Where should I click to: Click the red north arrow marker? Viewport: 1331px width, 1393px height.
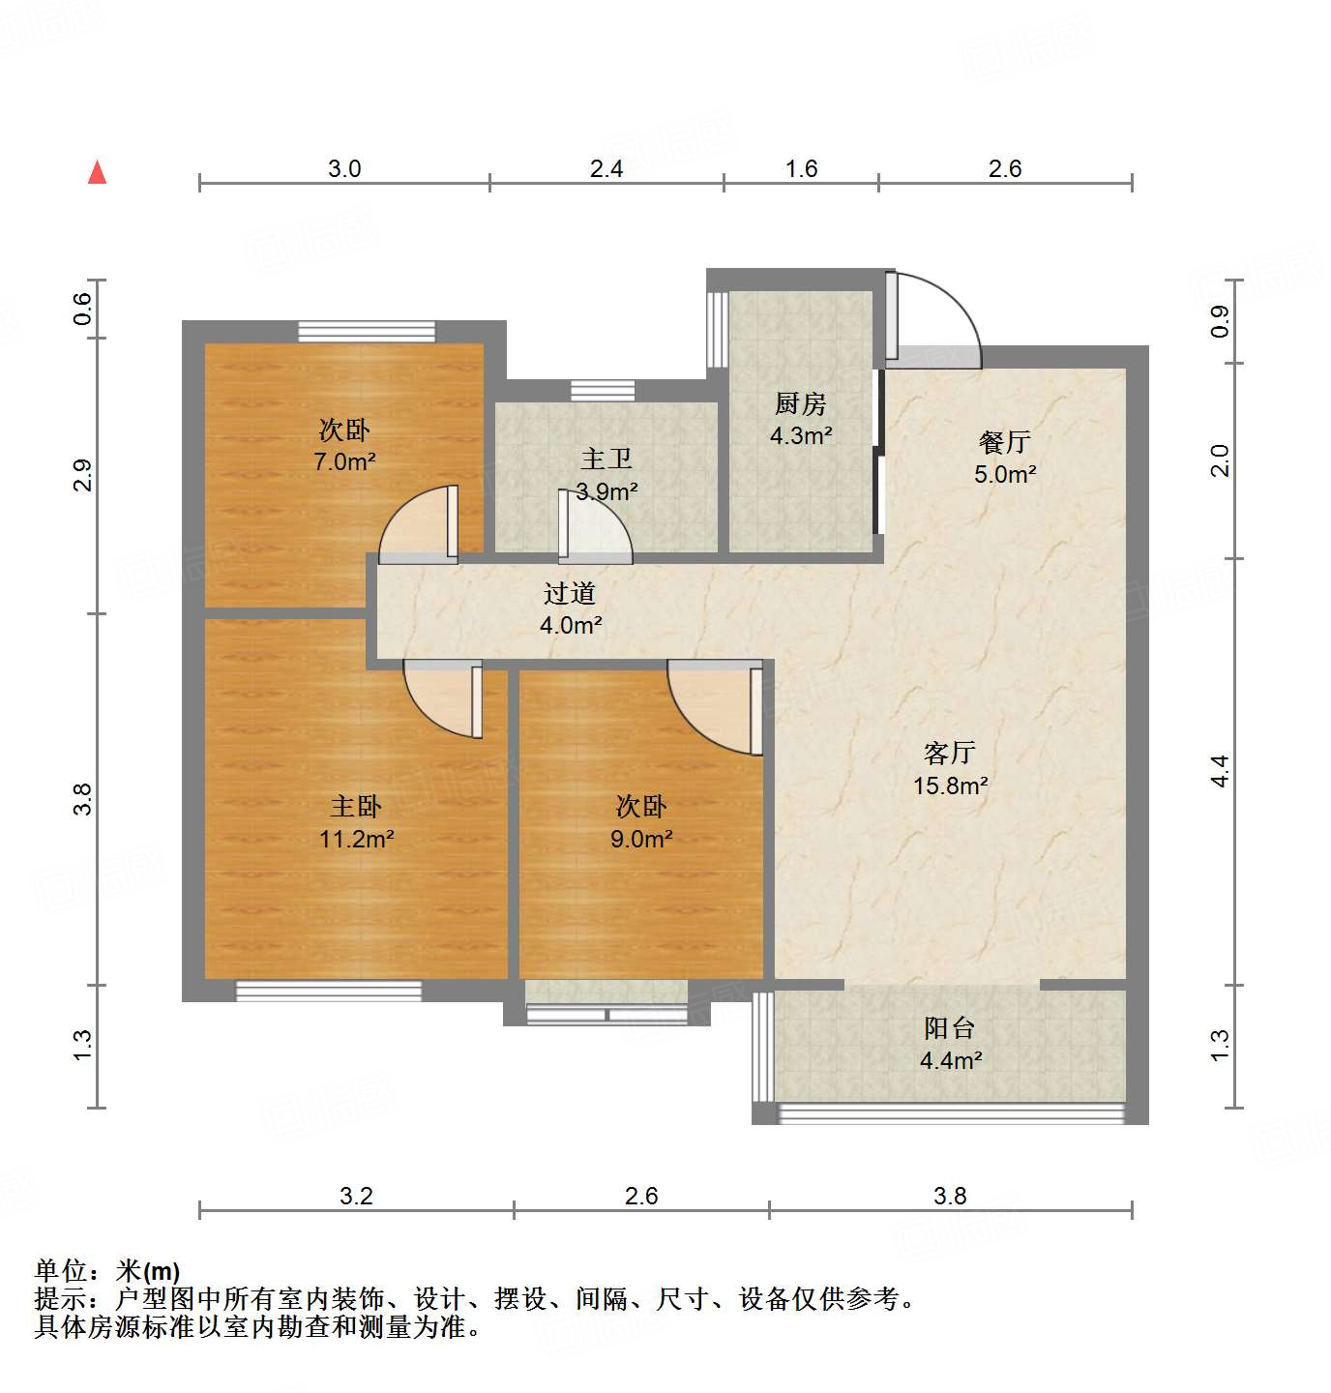pos(97,172)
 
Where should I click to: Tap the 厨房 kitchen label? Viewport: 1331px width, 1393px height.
pos(801,403)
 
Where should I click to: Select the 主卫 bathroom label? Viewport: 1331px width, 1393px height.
pos(606,459)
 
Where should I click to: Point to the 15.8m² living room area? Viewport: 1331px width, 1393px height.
pos(950,785)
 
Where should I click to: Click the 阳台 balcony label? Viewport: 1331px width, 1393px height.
pos(949,1028)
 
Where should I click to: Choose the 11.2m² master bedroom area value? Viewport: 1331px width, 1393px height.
pos(356,839)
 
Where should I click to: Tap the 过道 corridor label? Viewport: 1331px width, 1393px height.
pos(570,593)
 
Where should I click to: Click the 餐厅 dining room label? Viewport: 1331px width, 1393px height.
pos(1005,442)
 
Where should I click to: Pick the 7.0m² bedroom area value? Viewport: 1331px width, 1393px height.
pos(344,461)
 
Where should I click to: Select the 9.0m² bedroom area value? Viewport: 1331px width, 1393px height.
pos(641,839)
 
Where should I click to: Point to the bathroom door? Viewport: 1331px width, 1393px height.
pos(595,527)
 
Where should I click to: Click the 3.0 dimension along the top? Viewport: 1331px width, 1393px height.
pos(344,168)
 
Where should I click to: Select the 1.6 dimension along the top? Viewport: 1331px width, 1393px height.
pos(801,168)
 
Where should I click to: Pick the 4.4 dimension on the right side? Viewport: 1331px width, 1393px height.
pos(1220,771)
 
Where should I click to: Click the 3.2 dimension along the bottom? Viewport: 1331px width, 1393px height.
pos(356,1196)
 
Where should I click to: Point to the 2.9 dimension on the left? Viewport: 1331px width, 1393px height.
pos(83,476)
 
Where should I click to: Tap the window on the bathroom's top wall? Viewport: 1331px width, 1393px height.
pos(603,391)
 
